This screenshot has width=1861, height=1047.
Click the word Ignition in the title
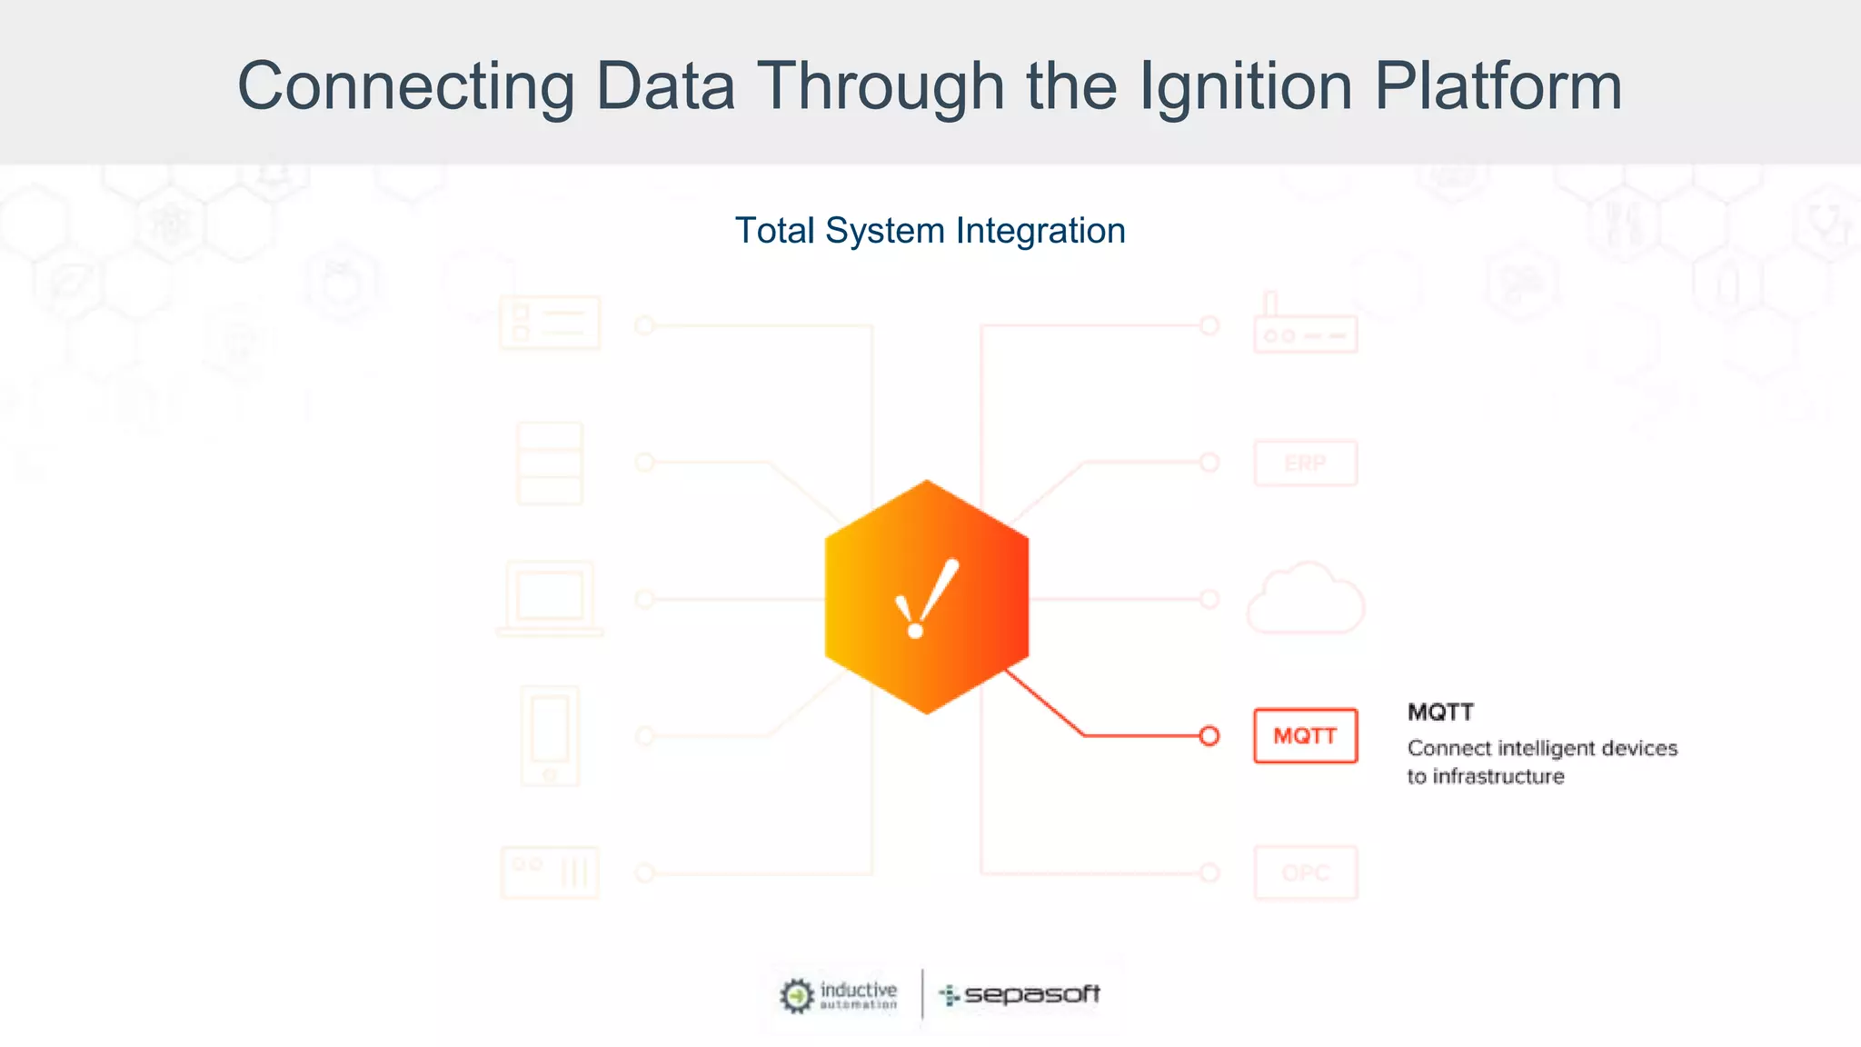1245,86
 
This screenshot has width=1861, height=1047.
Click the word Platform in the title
1498,86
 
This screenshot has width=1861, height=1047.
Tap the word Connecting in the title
405,86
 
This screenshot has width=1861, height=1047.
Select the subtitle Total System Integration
930,231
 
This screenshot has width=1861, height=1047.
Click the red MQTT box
1305,735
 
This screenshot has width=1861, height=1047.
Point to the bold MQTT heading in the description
1440,712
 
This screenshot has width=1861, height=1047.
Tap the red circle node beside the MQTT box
1209,735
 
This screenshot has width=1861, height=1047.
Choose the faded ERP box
1305,464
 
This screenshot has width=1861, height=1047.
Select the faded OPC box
1305,872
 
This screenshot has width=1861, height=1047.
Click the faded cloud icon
1305,599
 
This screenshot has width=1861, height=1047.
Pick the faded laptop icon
550,599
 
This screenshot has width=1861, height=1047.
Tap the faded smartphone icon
550,735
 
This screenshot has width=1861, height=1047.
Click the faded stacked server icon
550,464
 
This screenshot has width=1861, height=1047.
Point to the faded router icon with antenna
1305,325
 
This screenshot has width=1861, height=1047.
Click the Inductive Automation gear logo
797,995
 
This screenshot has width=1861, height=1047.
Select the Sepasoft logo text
1030,994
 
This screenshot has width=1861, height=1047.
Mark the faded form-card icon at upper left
550,323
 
